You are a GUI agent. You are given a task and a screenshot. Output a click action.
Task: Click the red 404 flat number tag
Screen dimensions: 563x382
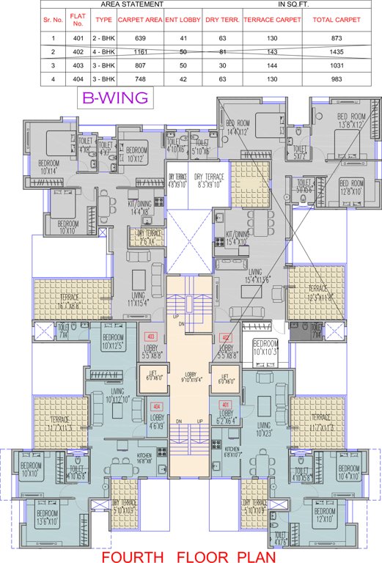click(x=155, y=405)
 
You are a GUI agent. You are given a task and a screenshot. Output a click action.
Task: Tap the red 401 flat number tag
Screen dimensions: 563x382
click(x=226, y=405)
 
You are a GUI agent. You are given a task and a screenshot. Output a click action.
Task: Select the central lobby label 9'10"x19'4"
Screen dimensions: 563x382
click(x=190, y=376)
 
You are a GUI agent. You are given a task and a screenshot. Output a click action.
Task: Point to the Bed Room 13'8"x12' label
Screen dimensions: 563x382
click(x=351, y=121)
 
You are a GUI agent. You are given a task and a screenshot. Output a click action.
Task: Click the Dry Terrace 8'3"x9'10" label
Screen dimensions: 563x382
click(x=210, y=181)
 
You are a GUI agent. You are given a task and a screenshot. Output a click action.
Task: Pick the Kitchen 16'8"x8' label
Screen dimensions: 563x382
click(x=145, y=460)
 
